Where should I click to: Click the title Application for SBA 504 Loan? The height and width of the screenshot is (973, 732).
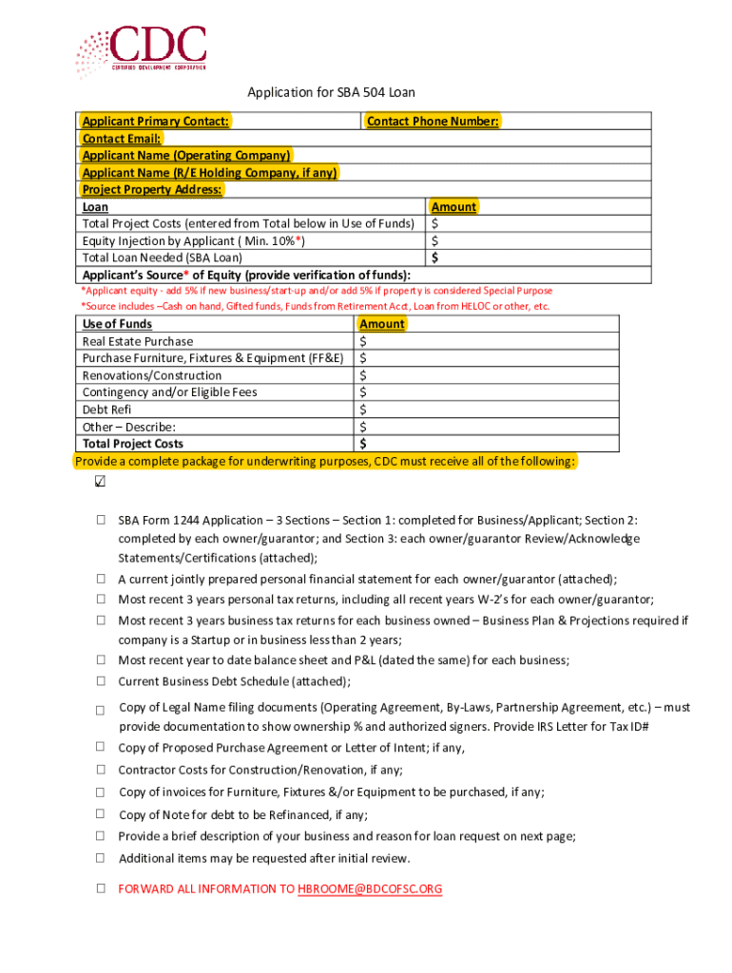pos(331,92)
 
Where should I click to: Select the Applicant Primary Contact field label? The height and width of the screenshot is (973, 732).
pos(155,122)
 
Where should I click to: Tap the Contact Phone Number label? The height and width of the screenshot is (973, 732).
pos(433,122)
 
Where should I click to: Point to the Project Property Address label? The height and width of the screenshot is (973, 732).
pos(152,190)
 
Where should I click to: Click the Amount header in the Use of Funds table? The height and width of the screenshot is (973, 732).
pos(382,324)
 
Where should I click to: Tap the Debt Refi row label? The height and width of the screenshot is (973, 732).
pos(106,410)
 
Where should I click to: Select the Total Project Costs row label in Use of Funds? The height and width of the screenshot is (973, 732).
pos(133,444)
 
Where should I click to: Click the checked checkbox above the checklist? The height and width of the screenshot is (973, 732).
pos(100,482)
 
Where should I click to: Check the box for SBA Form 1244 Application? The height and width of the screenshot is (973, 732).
pos(100,521)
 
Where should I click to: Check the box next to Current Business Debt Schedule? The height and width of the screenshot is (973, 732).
pos(100,681)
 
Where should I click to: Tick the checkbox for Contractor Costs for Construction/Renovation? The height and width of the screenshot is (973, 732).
pos(100,771)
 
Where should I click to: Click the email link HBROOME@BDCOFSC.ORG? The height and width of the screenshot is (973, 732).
pos(370,889)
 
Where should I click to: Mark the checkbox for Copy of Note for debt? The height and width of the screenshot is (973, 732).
pos(100,814)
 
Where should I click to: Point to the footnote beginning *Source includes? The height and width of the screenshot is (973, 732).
pos(315,306)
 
